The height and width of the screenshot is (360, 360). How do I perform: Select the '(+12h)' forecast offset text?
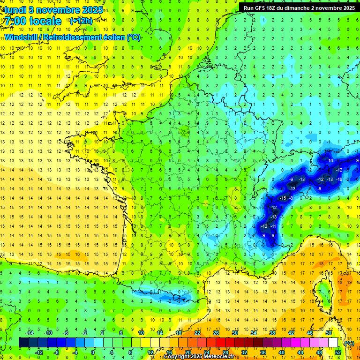tap(81, 21)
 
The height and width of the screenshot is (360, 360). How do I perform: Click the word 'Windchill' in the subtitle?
tap(22, 37)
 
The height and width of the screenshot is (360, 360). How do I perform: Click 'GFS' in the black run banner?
tap(264, 8)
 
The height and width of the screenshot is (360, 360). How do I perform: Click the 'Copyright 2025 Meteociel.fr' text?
tap(199, 357)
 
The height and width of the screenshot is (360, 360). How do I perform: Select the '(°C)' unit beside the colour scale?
tap(348, 343)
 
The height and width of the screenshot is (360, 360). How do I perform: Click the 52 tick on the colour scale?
tap(338, 352)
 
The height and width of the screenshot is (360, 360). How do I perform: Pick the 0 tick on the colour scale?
tap(93, 352)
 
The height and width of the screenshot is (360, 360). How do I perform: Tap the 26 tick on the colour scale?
tap(216, 333)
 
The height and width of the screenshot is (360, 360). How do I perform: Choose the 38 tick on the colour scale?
tap(272, 333)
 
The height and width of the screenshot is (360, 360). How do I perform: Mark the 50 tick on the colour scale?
tap(328, 333)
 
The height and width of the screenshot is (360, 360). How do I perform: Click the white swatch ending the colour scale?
tap(333, 343)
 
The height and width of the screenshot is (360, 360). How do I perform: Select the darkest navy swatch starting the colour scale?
tap(23, 343)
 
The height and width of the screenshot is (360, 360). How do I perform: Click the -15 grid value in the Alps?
tap(283, 198)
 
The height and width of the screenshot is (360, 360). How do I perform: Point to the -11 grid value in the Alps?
tap(274, 226)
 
